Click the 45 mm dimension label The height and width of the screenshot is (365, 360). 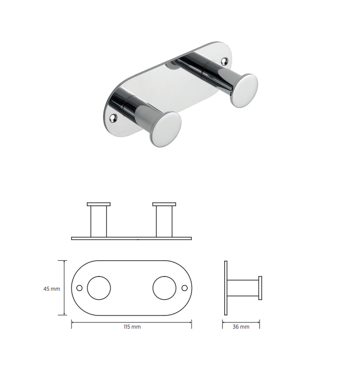click(52, 289)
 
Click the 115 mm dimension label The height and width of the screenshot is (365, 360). click(132, 327)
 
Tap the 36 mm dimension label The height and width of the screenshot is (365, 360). click(241, 327)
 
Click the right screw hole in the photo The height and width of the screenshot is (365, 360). click(224, 61)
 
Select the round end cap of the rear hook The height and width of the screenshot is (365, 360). click(244, 91)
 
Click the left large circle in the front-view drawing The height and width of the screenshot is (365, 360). click(99, 288)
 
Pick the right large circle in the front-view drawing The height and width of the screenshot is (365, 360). click(164, 288)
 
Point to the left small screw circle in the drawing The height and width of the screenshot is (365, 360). click(79, 288)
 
